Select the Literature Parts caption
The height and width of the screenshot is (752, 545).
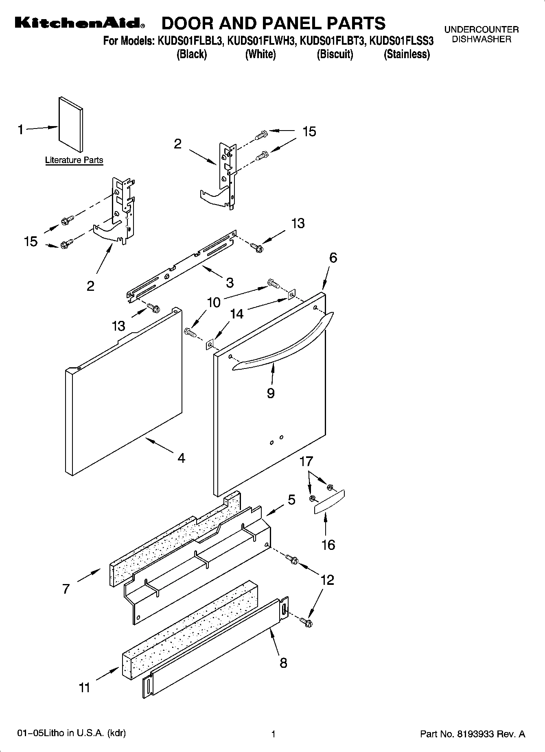74,160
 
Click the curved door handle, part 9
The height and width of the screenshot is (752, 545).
283,342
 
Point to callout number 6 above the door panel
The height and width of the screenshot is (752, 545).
333,258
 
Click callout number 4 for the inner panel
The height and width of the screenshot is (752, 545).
182,458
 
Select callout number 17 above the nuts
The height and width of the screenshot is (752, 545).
306,461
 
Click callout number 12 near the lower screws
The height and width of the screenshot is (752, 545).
327,580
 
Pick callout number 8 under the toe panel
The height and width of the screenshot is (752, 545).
283,663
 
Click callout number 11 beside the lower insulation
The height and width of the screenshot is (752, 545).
84,688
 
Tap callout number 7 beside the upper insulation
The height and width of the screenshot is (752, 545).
66,589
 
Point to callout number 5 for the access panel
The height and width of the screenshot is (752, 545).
291,500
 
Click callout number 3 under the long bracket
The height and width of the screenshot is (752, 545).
230,282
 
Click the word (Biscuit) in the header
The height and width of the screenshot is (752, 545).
335,54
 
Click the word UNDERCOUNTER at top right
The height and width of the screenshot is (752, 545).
481,30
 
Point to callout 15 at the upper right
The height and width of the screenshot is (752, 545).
309,132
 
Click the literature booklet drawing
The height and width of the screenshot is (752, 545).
71,124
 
